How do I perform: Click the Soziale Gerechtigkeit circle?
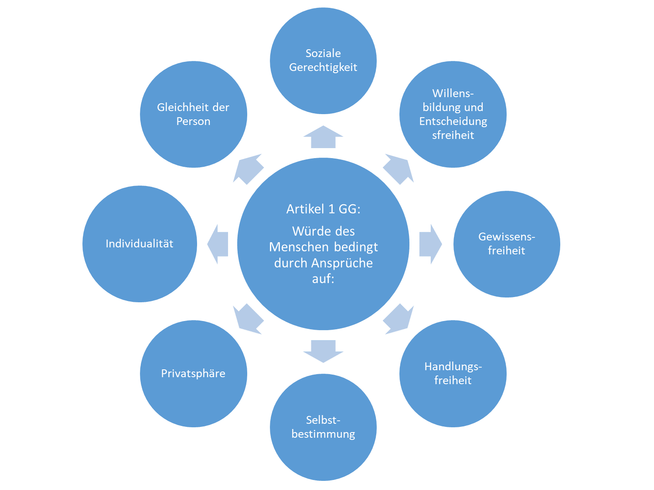point(323,61)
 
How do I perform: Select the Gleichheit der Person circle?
point(193,114)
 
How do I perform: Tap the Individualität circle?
point(140,243)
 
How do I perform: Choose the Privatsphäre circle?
point(193,373)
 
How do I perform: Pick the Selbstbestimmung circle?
point(323,427)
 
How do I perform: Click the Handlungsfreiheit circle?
point(453,373)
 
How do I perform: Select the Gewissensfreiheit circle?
point(506,243)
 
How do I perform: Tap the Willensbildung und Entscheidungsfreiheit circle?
point(453,114)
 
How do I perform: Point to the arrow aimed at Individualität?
point(218,244)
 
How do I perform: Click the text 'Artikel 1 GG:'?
point(323,209)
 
